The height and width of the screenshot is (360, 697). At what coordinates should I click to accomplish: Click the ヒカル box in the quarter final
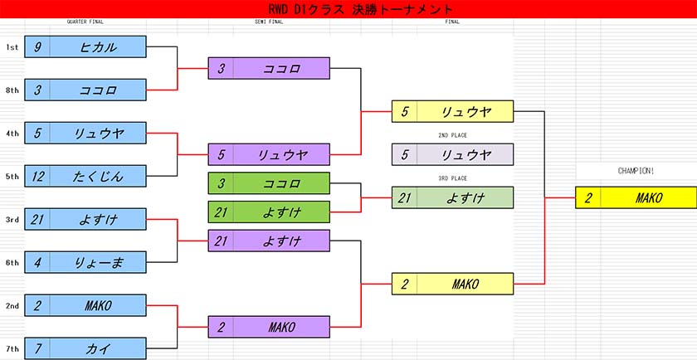pyautogui.click(x=85, y=46)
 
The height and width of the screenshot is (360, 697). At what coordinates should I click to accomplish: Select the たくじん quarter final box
pyautogui.click(x=85, y=176)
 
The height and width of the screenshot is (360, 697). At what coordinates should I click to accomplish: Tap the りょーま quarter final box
pyautogui.click(x=85, y=262)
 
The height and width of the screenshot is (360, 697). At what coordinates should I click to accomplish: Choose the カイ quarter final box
pyautogui.click(x=85, y=348)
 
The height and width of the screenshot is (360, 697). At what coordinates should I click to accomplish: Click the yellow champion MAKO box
pyautogui.click(x=636, y=197)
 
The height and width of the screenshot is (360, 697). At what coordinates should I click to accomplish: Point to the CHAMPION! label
pyautogui.click(x=636, y=171)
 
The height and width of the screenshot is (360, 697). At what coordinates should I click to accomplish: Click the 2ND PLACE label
pyautogui.click(x=452, y=135)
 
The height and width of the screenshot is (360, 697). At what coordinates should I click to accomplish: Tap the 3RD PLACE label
pyautogui.click(x=452, y=178)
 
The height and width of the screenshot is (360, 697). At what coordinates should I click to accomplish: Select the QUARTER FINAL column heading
pyautogui.click(x=85, y=22)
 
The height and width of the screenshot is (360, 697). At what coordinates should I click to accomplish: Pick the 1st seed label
pyautogui.click(x=12, y=47)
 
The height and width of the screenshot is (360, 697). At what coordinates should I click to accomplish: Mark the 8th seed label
pyautogui.click(x=12, y=90)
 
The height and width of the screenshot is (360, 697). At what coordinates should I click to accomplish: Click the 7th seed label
pyautogui.click(x=12, y=349)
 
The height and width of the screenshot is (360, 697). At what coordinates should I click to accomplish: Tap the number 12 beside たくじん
pyautogui.click(x=37, y=177)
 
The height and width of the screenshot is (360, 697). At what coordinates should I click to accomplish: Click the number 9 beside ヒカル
pyautogui.click(x=37, y=47)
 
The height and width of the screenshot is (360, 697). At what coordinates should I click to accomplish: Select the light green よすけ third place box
pyautogui.click(x=452, y=197)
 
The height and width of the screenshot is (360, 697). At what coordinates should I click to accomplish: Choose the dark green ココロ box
pyautogui.click(x=269, y=183)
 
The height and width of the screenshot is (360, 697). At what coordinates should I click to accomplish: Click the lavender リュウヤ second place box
pyautogui.click(x=452, y=154)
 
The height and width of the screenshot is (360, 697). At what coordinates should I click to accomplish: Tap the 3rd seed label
pyautogui.click(x=12, y=220)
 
